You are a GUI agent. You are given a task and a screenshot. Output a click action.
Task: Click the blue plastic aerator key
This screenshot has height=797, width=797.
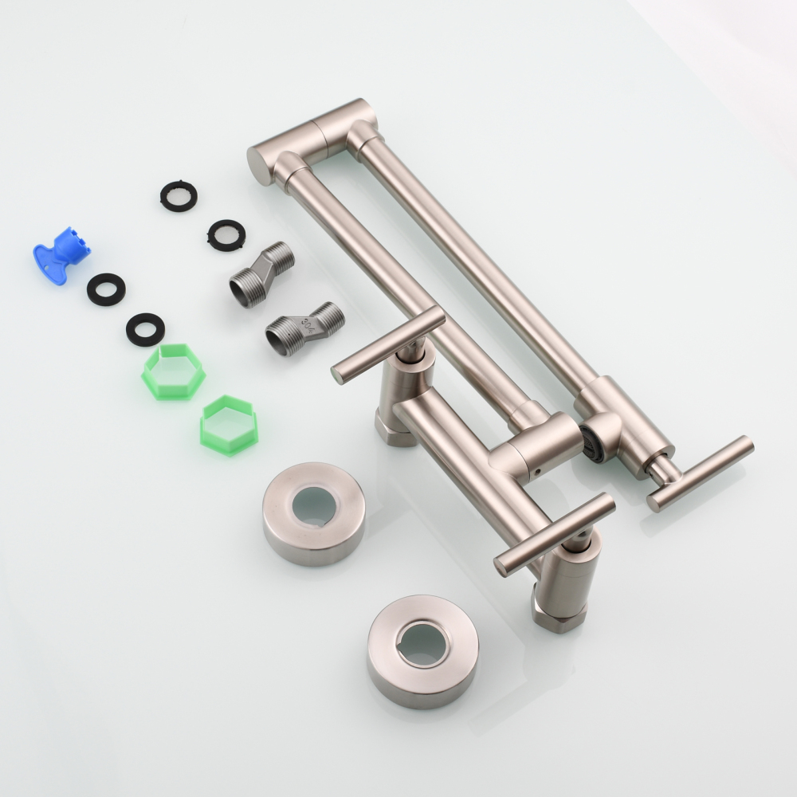60,253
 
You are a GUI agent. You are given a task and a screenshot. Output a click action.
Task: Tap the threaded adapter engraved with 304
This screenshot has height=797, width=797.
304,328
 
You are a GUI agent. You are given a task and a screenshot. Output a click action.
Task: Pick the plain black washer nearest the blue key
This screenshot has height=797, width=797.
106,289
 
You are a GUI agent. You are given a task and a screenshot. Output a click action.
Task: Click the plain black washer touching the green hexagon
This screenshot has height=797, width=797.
145,329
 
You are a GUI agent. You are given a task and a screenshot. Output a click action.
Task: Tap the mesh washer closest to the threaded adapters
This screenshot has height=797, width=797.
226,235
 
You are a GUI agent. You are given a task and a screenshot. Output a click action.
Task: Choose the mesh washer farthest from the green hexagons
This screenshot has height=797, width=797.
179,195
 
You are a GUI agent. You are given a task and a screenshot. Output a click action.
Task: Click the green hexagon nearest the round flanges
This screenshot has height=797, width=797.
229,425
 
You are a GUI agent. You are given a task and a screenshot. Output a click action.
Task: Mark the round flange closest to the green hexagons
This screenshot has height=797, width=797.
314,513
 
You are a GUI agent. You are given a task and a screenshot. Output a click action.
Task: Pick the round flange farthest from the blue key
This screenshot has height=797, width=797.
422,650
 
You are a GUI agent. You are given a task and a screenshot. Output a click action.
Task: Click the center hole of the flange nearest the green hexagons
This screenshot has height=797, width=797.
313,506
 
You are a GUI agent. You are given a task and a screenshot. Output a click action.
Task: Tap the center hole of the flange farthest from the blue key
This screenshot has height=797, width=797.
422,642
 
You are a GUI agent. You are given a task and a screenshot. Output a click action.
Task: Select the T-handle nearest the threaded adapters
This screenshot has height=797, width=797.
387,344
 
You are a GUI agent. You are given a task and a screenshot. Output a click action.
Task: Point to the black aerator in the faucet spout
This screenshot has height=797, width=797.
591,443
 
